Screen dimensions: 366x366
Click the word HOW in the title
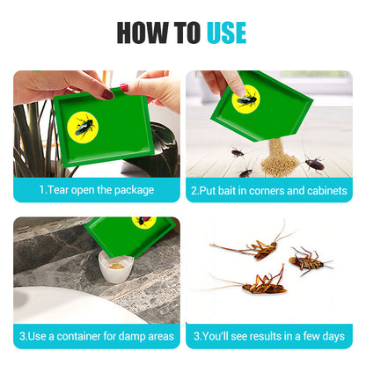143,33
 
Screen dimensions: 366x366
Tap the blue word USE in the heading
226,33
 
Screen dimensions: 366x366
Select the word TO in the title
187,33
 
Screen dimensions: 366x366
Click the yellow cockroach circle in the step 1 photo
83,127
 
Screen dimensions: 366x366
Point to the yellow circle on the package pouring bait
245,99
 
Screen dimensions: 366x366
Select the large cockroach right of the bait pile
314,164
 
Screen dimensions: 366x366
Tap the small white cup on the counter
115,267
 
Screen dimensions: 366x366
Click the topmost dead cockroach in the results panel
253,245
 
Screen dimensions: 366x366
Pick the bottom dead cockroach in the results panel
258,283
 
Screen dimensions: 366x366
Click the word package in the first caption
134,190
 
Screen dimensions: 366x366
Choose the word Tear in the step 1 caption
58,190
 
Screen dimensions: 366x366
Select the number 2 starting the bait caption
194,191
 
